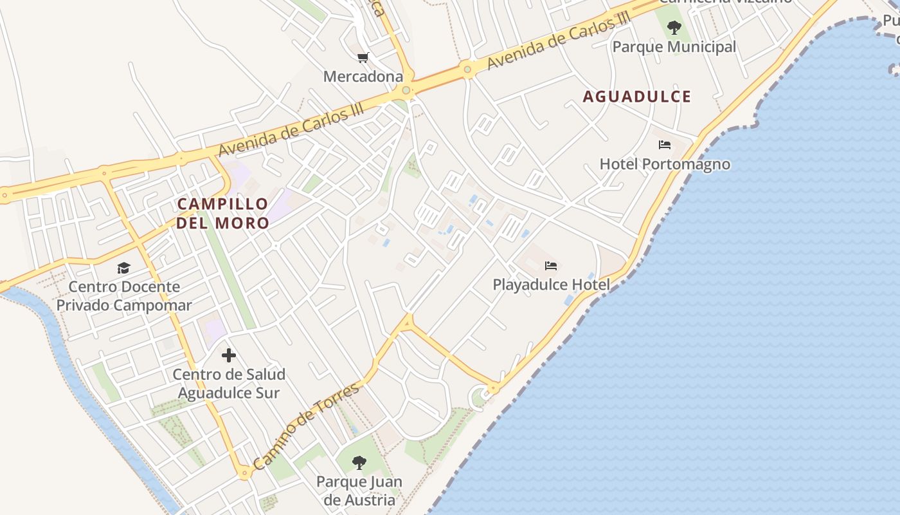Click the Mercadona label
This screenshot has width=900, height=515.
(363, 77)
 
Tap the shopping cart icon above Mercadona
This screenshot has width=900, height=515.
(363, 58)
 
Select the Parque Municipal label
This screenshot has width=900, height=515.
(674, 47)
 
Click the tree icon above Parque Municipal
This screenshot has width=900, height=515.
(674, 28)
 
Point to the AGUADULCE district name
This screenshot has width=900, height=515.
(636, 97)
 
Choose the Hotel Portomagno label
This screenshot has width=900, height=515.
(665, 164)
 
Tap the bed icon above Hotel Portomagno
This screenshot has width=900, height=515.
(665, 145)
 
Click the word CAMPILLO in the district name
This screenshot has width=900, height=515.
(222, 204)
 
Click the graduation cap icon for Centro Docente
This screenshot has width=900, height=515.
(123, 268)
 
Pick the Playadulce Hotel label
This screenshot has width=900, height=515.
(551, 285)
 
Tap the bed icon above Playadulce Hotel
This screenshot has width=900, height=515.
(551, 265)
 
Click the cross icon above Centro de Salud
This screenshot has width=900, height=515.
(229, 355)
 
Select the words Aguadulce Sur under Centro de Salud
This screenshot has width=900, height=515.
(229, 393)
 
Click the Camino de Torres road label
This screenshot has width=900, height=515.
(306, 426)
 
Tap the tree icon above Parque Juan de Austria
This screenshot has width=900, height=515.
(359, 462)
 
